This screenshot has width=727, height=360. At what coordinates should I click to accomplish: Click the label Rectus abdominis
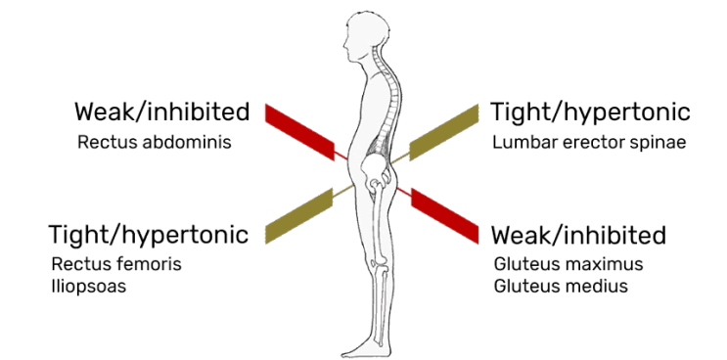(154, 142)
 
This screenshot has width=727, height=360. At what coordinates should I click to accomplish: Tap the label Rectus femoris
(116, 264)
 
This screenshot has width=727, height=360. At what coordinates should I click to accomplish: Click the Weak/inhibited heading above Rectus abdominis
(161, 112)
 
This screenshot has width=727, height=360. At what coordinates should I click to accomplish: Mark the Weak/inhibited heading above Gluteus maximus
(578, 235)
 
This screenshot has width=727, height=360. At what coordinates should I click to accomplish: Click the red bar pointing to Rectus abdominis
(299, 130)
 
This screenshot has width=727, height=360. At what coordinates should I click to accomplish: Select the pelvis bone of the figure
(376, 165)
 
